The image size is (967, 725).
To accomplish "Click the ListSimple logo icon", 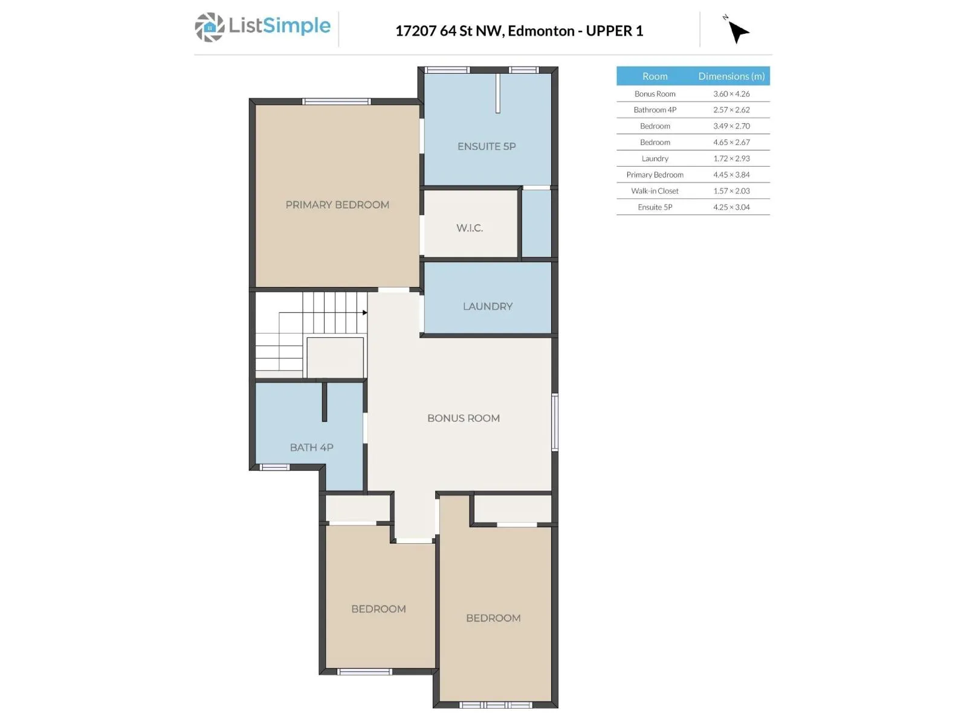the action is click(210, 27).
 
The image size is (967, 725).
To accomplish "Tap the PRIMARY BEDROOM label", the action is click(337, 205).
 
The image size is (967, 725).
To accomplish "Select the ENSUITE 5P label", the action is click(487, 146).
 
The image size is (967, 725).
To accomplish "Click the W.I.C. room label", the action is click(470, 228).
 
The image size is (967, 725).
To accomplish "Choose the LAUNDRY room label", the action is click(488, 306).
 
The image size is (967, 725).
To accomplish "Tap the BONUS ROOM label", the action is click(464, 418).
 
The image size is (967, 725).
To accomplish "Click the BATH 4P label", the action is click(311, 447).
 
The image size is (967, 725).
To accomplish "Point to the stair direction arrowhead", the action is click(365, 312).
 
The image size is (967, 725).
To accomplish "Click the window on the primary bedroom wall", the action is click(337, 101).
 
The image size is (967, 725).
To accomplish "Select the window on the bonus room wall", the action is click(555, 422).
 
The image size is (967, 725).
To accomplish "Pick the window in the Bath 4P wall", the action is click(274, 467).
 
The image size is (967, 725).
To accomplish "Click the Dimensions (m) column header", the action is click(731, 76).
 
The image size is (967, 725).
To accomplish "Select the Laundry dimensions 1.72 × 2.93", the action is click(731, 158).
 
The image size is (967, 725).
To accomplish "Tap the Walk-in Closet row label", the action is click(655, 191).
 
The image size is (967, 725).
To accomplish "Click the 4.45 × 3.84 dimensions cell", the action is click(731, 175).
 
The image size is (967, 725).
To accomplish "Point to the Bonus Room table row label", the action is click(655, 94).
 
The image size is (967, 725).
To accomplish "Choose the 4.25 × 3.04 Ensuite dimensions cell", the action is click(731, 207).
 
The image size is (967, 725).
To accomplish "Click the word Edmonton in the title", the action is click(541, 31).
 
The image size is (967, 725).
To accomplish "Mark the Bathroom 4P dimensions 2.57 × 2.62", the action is click(731, 110).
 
